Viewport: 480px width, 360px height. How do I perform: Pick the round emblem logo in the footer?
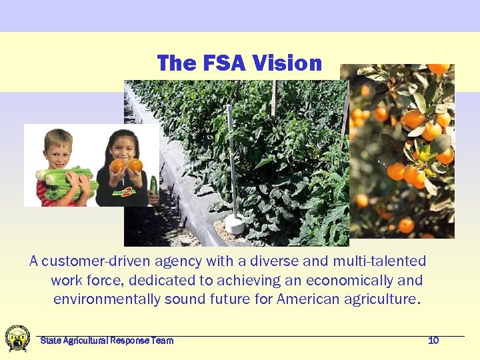pos(17,338)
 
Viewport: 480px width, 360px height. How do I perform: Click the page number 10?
pos(433,341)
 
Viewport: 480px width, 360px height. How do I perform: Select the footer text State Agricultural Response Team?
pos(107,341)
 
